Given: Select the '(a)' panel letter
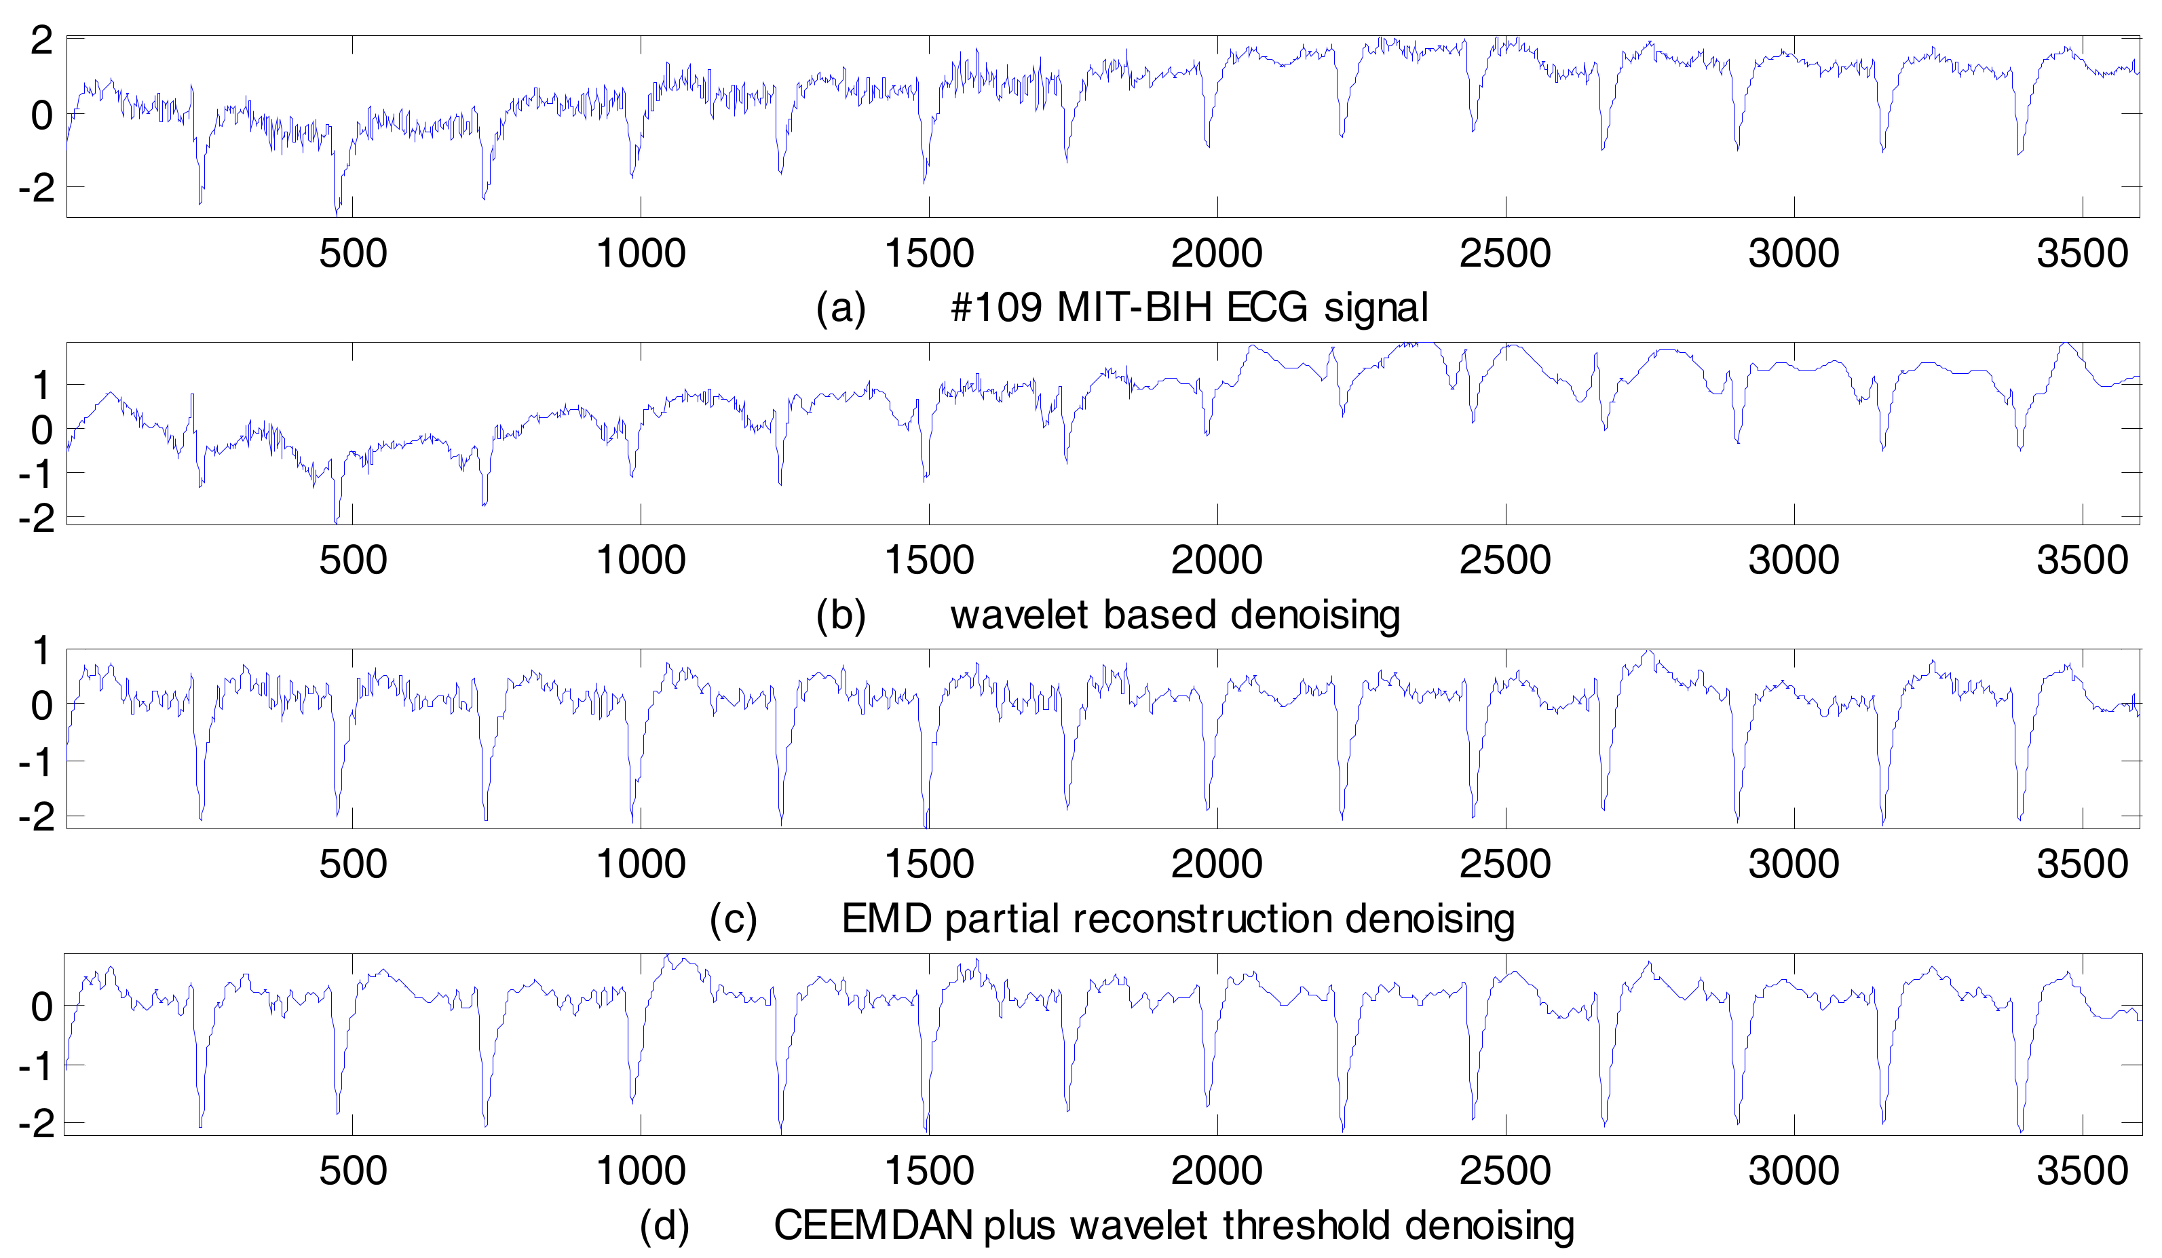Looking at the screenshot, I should point(841,307).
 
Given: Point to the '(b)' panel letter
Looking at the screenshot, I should point(841,615).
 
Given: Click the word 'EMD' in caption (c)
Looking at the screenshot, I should point(886,918).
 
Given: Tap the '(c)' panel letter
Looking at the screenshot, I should point(734,918).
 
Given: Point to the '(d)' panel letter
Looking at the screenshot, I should point(665,1225).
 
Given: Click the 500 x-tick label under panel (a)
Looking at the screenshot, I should point(353,253).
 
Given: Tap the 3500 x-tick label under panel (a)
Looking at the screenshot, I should point(2082,253).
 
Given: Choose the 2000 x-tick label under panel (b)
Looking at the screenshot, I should point(1217,560).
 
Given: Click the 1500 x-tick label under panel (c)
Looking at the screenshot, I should point(928,864).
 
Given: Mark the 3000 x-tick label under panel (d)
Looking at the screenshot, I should point(1794,1170).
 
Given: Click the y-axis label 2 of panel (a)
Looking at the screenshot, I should point(41,40).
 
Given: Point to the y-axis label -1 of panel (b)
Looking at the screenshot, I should point(35,474).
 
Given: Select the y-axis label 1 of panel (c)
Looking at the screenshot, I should point(41,652).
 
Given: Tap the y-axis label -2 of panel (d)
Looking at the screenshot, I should point(35,1123).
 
